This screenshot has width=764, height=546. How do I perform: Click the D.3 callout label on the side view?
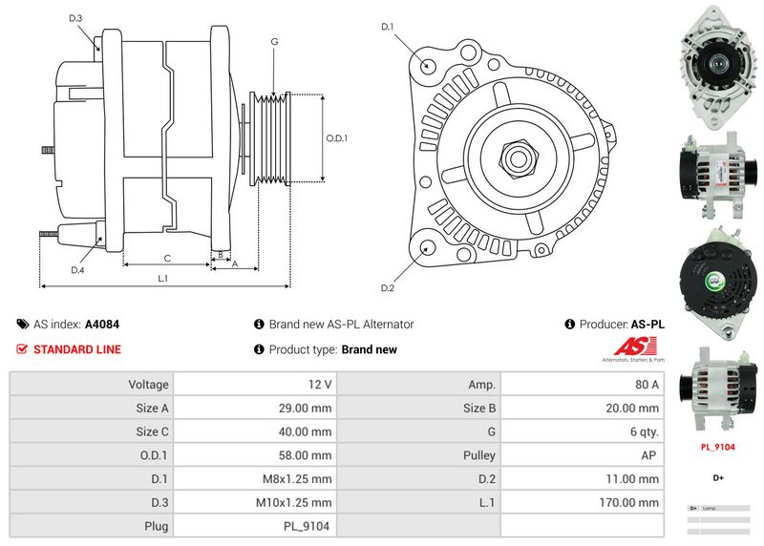click(75, 18)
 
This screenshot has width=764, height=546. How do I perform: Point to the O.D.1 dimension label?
click(337, 137)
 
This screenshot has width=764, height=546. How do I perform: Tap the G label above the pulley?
click(274, 41)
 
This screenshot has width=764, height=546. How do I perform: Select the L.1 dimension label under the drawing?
click(163, 279)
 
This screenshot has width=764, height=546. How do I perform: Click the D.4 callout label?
click(77, 270)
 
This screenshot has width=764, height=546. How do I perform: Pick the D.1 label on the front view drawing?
click(388, 26)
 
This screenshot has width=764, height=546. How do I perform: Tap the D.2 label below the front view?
click(388, 288)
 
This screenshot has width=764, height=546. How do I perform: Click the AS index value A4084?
click(102, 325)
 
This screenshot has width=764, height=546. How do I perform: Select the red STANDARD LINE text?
click(77, 349)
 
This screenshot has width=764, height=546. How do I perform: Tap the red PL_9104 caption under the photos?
click(717, 447)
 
